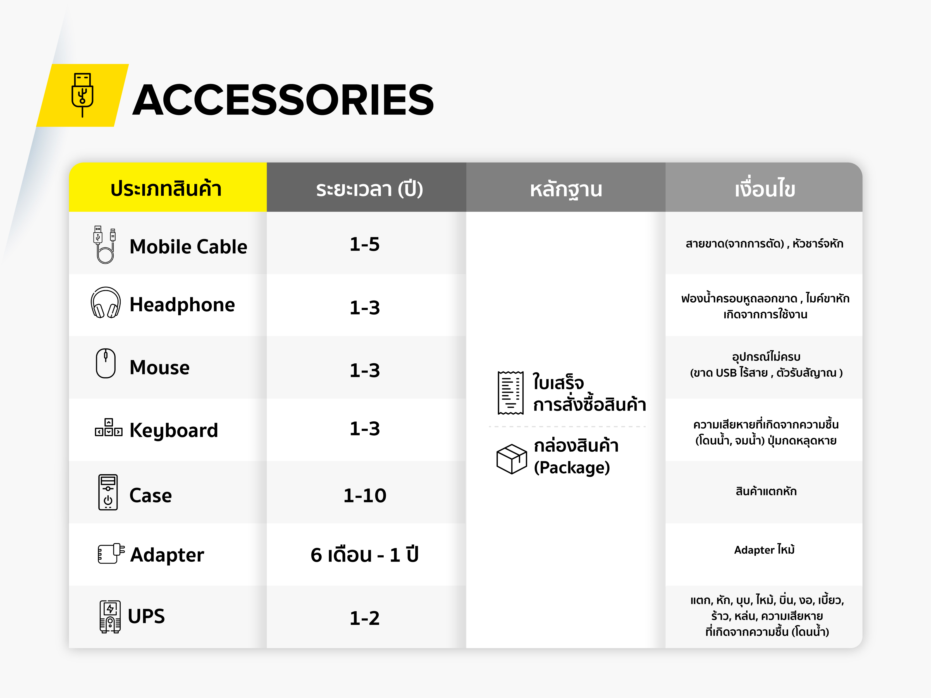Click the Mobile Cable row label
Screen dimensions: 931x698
tap(188, 246)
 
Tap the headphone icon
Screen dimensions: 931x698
tap(106, 303)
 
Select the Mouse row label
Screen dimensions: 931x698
tap(159, 367)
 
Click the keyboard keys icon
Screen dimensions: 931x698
tap(109, 428)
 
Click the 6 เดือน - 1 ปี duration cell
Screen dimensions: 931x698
tap(364, 555)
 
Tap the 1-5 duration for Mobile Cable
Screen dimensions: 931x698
tap(364, 244)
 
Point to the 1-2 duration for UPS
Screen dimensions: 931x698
tap(364, 618)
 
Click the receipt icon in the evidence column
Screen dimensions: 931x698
tap(510, 393)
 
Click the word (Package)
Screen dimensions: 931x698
tap(572, 467)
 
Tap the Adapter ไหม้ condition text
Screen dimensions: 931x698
tap(764, 550)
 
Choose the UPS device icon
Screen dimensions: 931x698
tap(110, 617)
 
